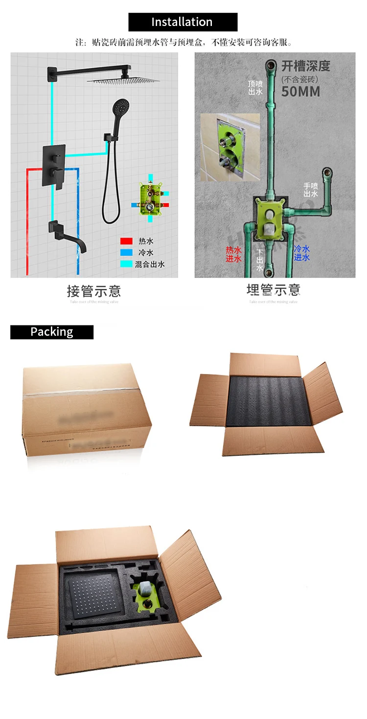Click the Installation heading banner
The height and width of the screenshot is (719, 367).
click(x=183, y=22)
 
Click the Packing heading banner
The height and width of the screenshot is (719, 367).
click(x=52, y=332)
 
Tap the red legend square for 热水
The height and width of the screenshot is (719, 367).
click(x=127, y=241)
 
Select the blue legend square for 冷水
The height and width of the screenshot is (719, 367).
click(x=127, y=253)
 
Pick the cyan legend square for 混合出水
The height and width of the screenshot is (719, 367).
click(x=127, y=264)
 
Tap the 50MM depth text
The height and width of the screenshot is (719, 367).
click(x=300, y=91)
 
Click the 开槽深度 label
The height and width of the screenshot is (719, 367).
click(x=305, y=66)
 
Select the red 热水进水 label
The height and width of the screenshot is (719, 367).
click(x=233, y=254)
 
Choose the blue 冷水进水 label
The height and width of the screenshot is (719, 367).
click(x=301, y=253)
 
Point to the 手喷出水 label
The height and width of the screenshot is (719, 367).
click(x=311, y=190)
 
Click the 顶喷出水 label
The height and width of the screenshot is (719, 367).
click(x=255, y=87)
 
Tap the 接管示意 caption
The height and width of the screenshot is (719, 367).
click(x=93, y=292)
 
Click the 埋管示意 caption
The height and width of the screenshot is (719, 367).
click(x=273, y=290)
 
